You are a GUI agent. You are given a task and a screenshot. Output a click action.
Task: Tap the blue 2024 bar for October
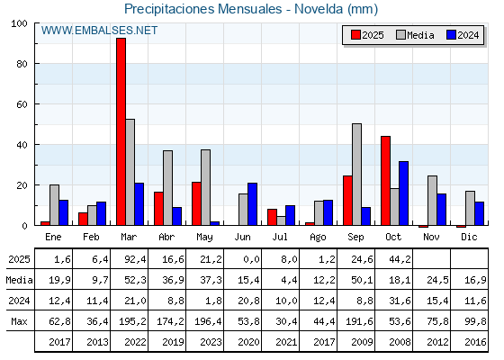click(404, 193)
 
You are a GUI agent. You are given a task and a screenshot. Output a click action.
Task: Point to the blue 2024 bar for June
click(253, 204)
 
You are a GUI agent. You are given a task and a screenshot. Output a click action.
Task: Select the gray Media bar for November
click(432, 201)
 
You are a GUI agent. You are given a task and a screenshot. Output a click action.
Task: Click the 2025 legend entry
click(365, 35)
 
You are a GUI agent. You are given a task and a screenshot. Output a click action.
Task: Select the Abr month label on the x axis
click(166, 236)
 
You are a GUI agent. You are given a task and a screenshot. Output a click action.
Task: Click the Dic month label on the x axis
click(469, 236)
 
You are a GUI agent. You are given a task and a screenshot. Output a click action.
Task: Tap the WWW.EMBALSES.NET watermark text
click(100, 31)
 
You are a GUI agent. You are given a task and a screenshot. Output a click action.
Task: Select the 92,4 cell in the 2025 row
click(129, 260)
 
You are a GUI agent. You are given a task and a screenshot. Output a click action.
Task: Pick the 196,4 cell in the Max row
click(204, 321)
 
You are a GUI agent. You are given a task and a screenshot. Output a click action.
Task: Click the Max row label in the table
click(18, 321)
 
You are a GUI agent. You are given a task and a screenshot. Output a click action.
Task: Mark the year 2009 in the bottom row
click(355, 342)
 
